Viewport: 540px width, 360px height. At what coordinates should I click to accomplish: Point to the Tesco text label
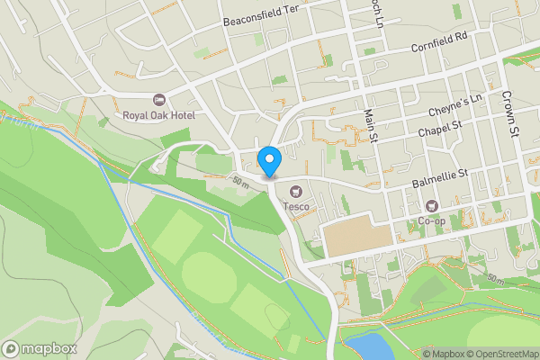pyautogui.click(x=297, y=207)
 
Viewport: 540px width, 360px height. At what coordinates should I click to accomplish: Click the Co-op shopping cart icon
pyautogui.click(x=431, y=206)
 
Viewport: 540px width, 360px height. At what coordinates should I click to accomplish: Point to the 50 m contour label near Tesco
pyautogui.click(x=240, y=181)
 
